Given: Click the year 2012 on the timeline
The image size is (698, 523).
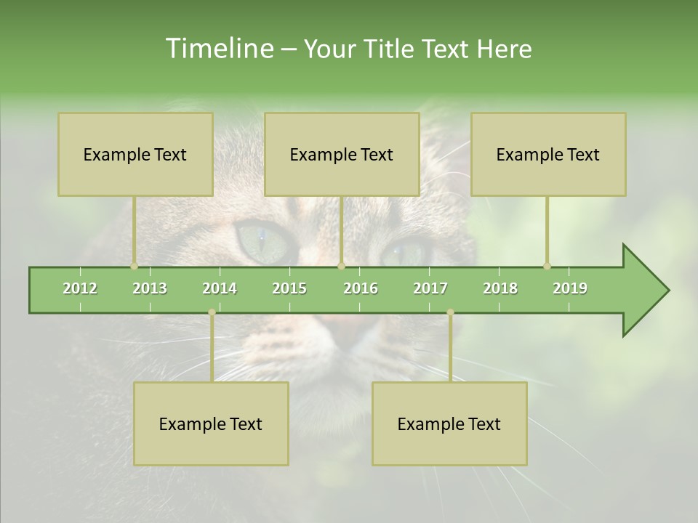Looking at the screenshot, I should [x=80, y=288].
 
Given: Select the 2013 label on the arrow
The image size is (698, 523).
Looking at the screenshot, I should [x=150, y=288].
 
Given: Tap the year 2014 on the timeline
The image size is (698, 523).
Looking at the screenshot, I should [x=220, y=288].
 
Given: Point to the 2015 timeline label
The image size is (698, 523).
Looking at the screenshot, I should [x=289, y=288].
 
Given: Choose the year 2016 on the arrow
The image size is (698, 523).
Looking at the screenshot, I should [x=361, y=288].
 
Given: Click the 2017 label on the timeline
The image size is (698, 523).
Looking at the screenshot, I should [x=430, y=288].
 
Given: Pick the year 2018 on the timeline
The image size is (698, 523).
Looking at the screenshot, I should [x=500, y=288].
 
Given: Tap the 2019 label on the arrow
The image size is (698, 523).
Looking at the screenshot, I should [x=570, y=288].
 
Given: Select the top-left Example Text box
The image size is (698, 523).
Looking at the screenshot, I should [x=135, y=154].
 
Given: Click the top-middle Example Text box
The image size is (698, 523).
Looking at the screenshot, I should [x=342, y=154].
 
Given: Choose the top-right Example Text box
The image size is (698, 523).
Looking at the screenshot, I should [x=548, y=154].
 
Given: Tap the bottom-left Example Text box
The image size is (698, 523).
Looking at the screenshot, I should [x=211, y=423].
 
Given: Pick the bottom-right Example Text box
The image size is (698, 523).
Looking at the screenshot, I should [x=449, y=423].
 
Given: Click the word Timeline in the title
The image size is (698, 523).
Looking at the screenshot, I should [x=218, y=49].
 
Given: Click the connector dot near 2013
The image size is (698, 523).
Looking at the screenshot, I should [x=134, y=266].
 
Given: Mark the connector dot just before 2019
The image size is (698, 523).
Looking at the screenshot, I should [x=547, y=266].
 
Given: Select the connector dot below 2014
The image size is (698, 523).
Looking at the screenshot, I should [x=212, y=312].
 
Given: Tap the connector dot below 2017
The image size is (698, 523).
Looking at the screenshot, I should [x=450, y=312].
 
